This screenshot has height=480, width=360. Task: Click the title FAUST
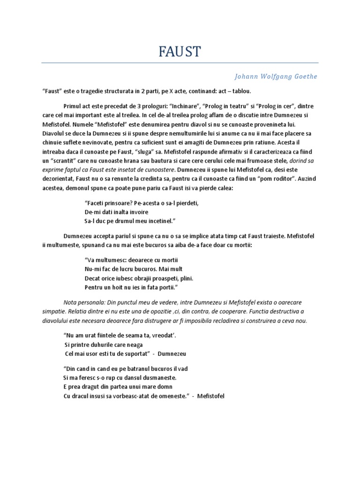180,51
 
